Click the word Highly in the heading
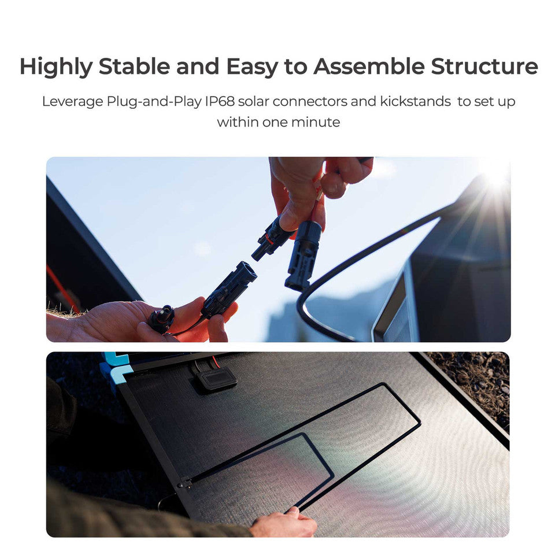[x=56, y=67]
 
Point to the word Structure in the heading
[x=484, y=67]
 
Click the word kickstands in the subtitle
[x=415, y=101]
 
